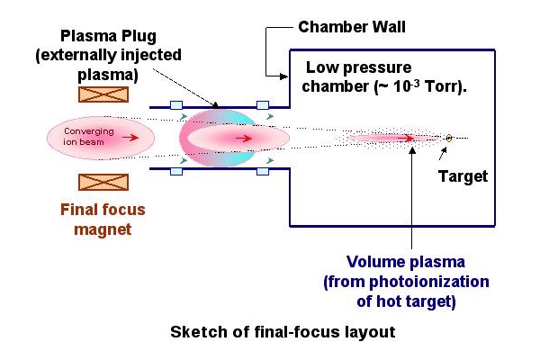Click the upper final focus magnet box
click(x=103, y=94)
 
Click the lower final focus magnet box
click(x=103, y=182)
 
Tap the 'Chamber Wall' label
click(x=352, y=27)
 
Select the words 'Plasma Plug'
click(x=108, y=36)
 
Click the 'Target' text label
click(x=463, y=176)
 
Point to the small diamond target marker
click(x=449, y=138)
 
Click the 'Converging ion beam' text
click(x=88, y=137)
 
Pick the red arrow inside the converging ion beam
click(x=130, y=138)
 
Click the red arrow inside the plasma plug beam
click(x=244, y=139)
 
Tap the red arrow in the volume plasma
click(x=406, y=139)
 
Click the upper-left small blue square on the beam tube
click(x=176, y=105)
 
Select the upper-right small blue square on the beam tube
click(x=263, y=105)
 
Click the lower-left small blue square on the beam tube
click(x=176, y=171)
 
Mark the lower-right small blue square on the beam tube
click(x=263, y=171)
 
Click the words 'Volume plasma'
click(x=406, y=262)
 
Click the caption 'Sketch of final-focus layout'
click(x=283, y=332)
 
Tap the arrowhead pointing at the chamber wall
click(x=283, y=76)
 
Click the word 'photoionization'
click(x=429, y=282)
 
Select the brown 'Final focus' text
click(x=103, y=210)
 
